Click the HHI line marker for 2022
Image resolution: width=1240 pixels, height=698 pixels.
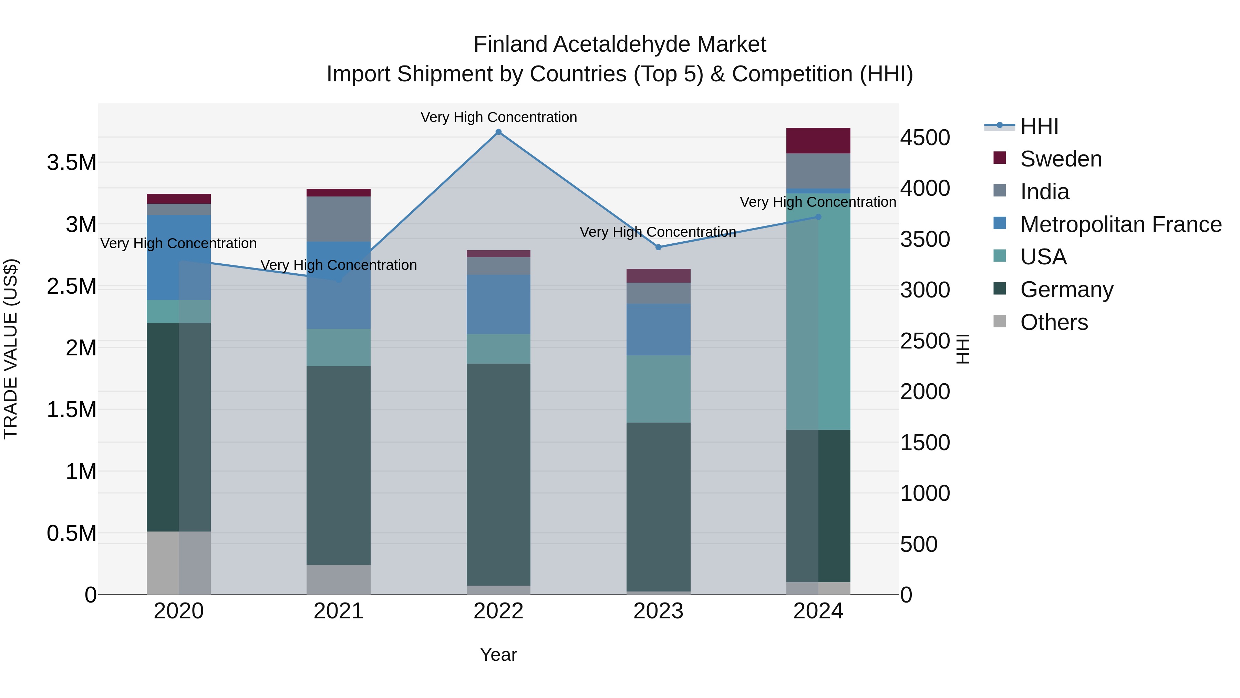(x=499, y=132)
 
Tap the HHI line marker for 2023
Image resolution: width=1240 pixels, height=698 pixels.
(x=659, y=247)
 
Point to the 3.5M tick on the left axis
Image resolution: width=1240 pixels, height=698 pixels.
(x=72, y=163)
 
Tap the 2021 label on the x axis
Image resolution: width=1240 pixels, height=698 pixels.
(x=338, y=611)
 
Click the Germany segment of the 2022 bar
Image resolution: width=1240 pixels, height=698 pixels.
(x=499, y=475)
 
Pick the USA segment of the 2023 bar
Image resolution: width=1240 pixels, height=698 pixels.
(x=659, y=389)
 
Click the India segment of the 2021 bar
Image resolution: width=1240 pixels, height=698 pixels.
(x=338, y=219)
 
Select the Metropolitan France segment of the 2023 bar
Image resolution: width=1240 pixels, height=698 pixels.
(x=659, y=330)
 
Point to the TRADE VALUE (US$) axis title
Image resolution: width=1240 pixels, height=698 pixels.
(x=11, y=349)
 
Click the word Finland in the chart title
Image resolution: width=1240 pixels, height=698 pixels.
(x=512, y=45)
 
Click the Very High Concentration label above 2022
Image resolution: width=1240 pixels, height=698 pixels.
(x=499, y=118)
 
